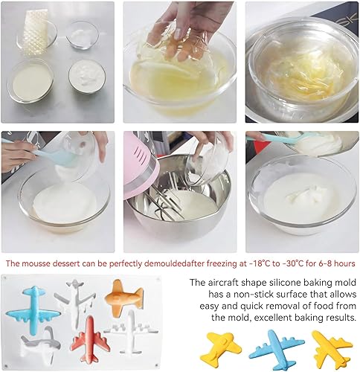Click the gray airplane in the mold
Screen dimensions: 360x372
(x=41, y=344)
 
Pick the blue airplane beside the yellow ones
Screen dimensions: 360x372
(x=277, y=347)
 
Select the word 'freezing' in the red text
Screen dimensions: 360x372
(x=217, y=263)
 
